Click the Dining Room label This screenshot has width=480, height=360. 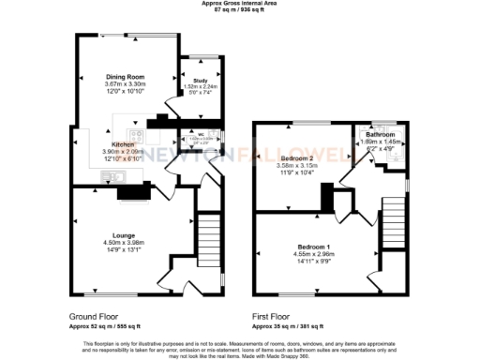[x=125, y=75]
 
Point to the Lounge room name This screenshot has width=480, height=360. [x=125, y=234]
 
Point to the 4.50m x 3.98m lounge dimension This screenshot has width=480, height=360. [x=125, y=243]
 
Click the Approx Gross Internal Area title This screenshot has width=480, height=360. [x=240, y=3]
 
